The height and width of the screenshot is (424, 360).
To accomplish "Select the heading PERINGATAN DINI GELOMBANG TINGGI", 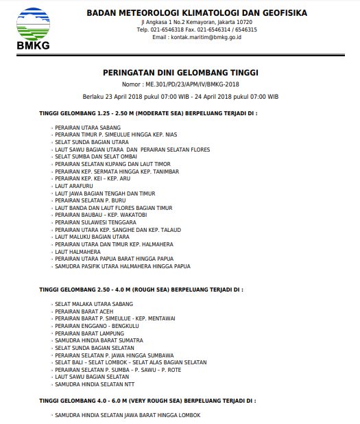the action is [180, 71].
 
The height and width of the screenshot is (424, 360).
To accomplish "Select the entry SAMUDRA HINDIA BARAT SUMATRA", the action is [99, 340].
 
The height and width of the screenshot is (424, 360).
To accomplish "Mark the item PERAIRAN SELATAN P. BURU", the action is [91, 200].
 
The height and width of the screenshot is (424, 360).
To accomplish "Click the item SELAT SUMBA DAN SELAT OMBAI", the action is [96, 156].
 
